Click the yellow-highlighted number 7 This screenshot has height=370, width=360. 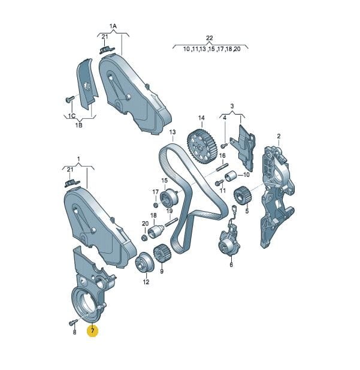click(x=93, y=330)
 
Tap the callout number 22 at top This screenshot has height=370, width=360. click(x=210, y=38)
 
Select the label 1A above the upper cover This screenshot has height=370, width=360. click(x=113, y=26)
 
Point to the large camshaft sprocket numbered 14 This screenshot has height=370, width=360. click(x=201, y=146)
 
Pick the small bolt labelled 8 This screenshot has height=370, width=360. click(x=73, y=322)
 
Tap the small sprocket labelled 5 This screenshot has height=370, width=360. click(x=243, y=196)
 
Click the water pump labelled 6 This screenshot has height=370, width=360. click(x=229, y=243)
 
